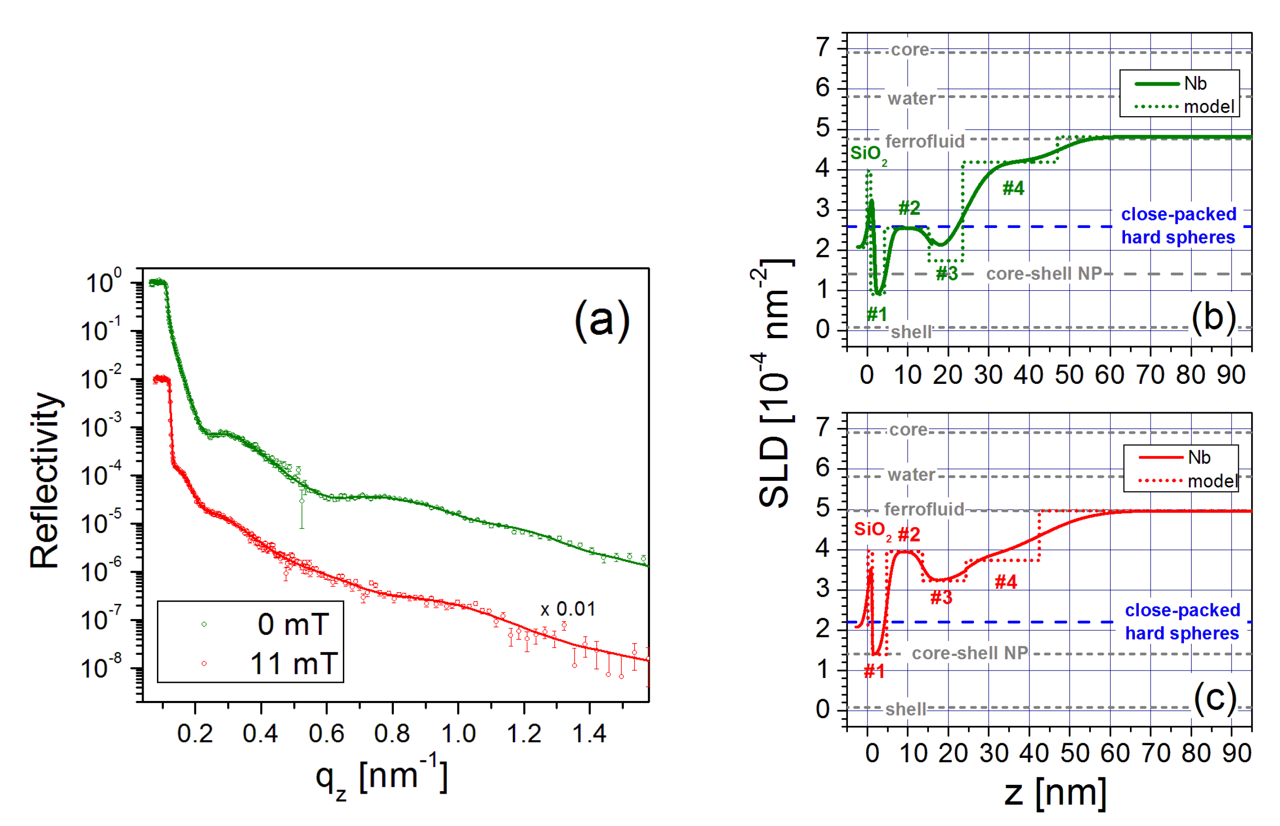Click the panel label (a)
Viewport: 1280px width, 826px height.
[601, 320]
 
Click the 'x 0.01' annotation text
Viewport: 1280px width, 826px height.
[568, 609]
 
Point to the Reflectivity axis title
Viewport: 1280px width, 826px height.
[45, 480]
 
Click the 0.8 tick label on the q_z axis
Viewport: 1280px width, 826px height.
[392, 734]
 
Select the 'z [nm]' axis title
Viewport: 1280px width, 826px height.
[1055, 793]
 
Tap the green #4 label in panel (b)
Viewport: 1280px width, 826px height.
[1013, 188]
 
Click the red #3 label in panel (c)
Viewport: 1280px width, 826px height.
[941, 598]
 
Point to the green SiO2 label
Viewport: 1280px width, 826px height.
[868, 154]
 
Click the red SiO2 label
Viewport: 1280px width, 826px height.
[872, 530]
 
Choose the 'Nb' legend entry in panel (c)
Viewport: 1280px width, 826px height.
[1199, 457]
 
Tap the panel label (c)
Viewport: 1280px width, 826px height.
[1215, 699]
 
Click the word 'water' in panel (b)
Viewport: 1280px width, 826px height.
[911, 99]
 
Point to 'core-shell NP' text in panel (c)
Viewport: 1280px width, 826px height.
[970, 653]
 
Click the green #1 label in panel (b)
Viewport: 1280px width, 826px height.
[876, 314]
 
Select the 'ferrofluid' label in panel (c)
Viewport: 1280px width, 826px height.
[924, 509]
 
